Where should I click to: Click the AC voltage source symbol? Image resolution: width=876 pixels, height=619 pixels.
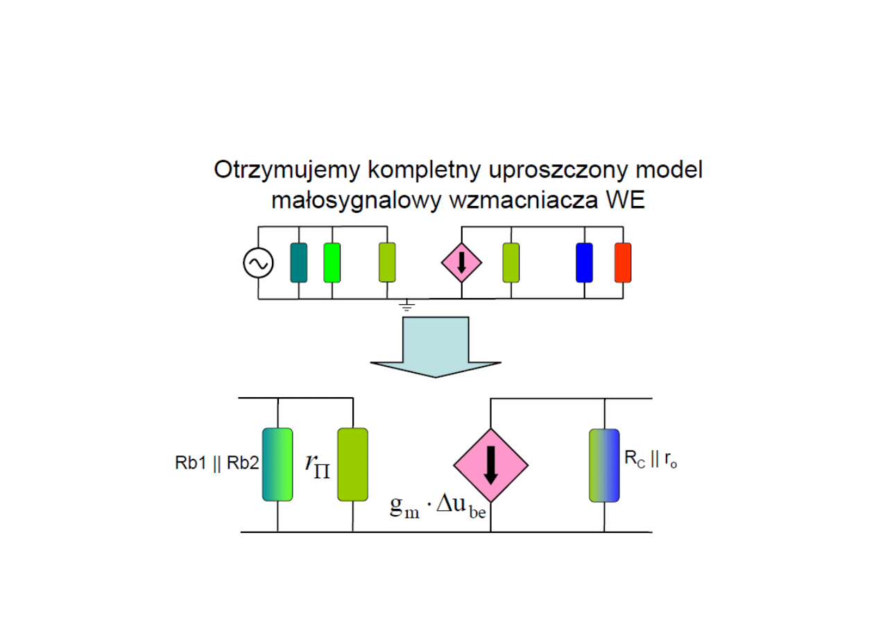[x=258, y=263]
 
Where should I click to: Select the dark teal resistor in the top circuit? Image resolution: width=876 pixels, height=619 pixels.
[x=298, y=263]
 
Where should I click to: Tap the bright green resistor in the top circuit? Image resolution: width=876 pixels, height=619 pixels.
[x=332, y=263]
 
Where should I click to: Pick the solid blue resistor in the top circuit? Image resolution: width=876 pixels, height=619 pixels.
[x=584, y=263]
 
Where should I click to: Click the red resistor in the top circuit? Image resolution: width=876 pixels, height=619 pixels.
[x=623, y=263]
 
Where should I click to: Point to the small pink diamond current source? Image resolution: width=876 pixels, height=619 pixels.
[x=461, y=263]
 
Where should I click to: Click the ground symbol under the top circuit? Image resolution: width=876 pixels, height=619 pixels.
[x=407, y=304]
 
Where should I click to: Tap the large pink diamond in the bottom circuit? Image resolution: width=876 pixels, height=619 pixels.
[x=491, y=465]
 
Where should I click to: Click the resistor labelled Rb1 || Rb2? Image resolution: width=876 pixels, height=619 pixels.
[x=277, y=464]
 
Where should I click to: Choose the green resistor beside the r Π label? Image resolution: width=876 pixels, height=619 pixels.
[x=352, y=464]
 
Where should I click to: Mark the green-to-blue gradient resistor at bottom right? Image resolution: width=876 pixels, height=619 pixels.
[x=604, y=465]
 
